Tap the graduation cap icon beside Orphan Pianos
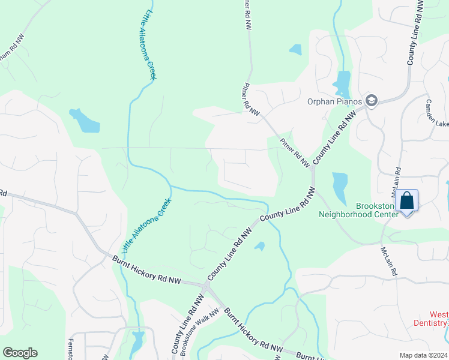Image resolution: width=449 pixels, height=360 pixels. point(372,100)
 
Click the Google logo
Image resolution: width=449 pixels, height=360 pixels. point(20,353)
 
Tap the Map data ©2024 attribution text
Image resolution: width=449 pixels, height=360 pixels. point(423,355)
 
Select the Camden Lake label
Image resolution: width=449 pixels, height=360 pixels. point(437,113)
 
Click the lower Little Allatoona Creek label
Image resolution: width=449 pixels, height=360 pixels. point(146,225)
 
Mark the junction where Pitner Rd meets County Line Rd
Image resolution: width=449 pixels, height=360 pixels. point(312,169)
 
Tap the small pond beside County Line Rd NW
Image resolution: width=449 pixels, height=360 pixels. point(260,245)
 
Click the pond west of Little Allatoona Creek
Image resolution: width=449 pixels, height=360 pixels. point(84,120)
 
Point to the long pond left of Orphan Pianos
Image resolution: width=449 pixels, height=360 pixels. point(342,84)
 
